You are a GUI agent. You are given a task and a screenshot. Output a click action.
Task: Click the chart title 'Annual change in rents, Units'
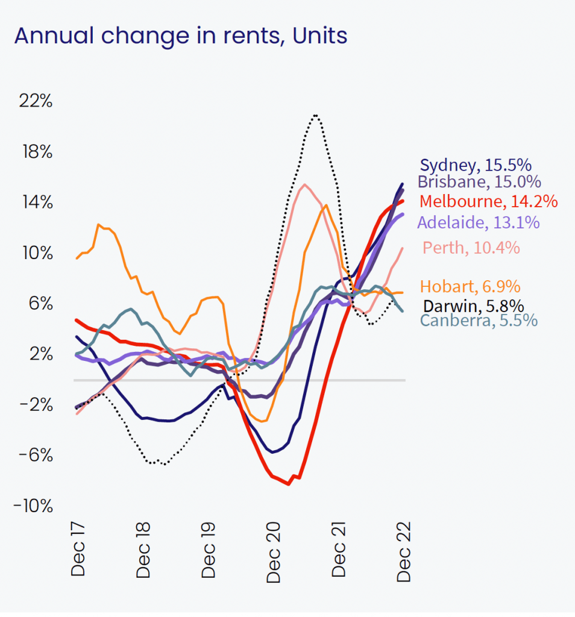pos(181,36)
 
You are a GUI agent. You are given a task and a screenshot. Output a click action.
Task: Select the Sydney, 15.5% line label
pos(476,166)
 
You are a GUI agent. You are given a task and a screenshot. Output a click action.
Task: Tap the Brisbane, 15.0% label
pos(479,182)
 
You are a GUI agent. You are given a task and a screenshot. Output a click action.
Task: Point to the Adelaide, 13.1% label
pos(478,222)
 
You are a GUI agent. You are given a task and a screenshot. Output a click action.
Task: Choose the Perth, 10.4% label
pos(471,248)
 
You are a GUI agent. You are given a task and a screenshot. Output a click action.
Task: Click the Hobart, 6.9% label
pos(470,286)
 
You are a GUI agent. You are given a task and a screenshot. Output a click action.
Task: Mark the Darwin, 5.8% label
pos(473,305)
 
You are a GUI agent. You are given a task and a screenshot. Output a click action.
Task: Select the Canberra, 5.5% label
pos(479,320)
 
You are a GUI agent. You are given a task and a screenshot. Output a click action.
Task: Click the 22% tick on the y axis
pos(36,101)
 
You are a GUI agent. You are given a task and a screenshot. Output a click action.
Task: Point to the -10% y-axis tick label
pos(33,506)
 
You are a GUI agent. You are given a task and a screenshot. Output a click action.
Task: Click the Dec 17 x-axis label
pos(79,553)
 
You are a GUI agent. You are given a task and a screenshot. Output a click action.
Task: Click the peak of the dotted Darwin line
pos(315,115)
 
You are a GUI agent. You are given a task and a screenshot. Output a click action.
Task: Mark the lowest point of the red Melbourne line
pos(289,484)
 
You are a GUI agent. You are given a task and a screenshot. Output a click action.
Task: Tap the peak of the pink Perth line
pos(305,185)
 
